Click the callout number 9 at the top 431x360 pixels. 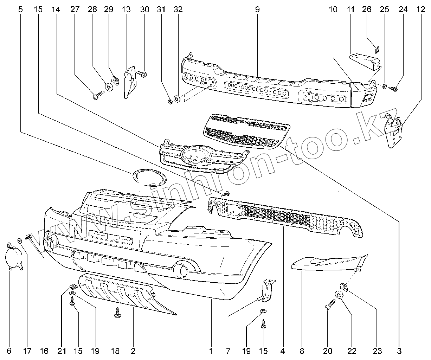pos(257,9)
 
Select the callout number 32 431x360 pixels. pos(178,9)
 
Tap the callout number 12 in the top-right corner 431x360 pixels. pos(421,9)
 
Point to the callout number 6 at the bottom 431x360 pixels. pos(9,351)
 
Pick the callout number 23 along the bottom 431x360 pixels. pos(377,351)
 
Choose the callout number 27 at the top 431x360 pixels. pos(75,9)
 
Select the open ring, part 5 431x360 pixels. pos(149,177)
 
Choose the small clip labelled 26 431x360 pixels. pos(377,49)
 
